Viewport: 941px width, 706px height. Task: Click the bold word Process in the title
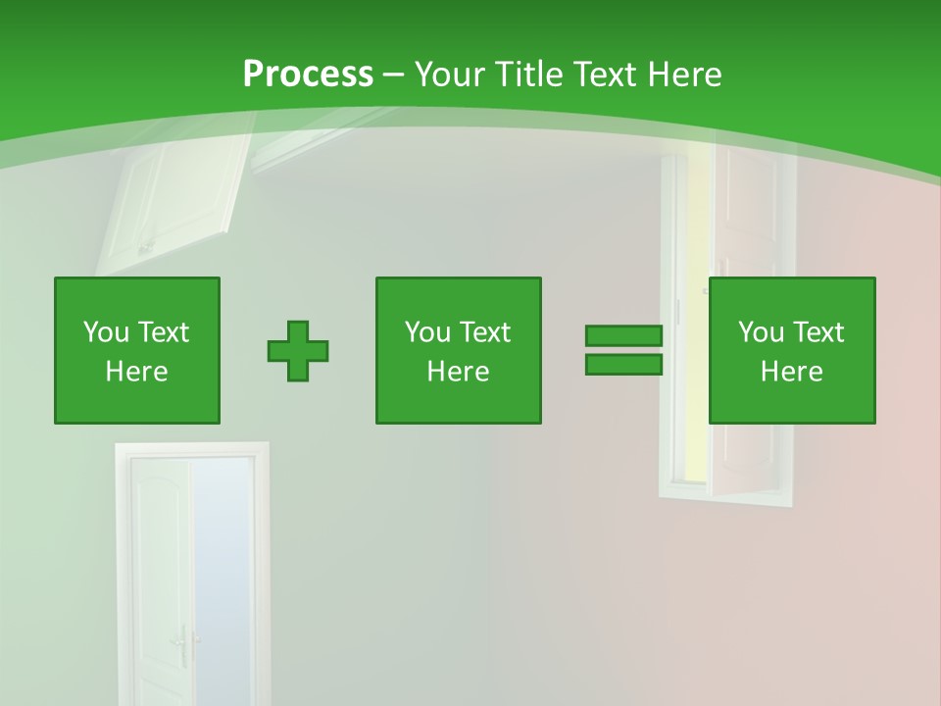coord(308,74)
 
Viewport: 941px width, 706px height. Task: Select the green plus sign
coord(298,350)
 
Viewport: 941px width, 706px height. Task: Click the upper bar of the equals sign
coord(623,336)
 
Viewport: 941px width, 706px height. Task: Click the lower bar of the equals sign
coord(623,364)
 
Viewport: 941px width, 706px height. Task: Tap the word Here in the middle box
coord(458,372)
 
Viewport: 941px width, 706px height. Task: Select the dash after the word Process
coord(394,74)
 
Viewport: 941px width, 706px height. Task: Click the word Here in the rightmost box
coord(791,372)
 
